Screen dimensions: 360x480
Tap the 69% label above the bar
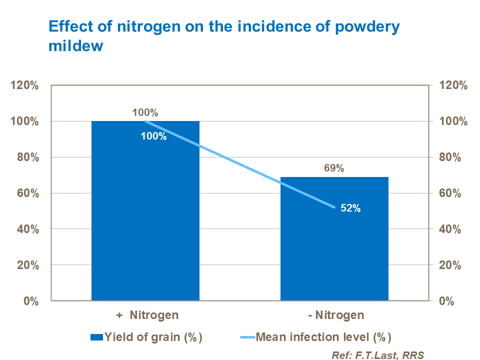click(334, 168)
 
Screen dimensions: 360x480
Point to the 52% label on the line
click(350, 208)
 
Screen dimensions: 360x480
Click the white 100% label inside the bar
click(154, 136)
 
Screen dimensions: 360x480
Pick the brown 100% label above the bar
click(145, 112)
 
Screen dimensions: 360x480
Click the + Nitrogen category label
click(147, 315)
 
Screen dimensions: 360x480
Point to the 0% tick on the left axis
click(31, 301)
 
